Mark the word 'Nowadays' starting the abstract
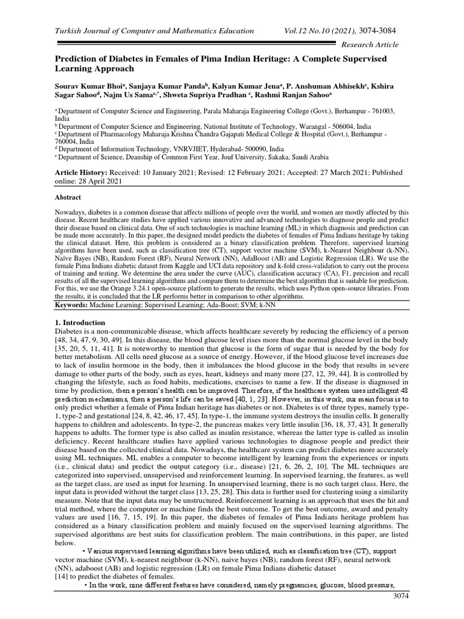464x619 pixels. tap(72, 213)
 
